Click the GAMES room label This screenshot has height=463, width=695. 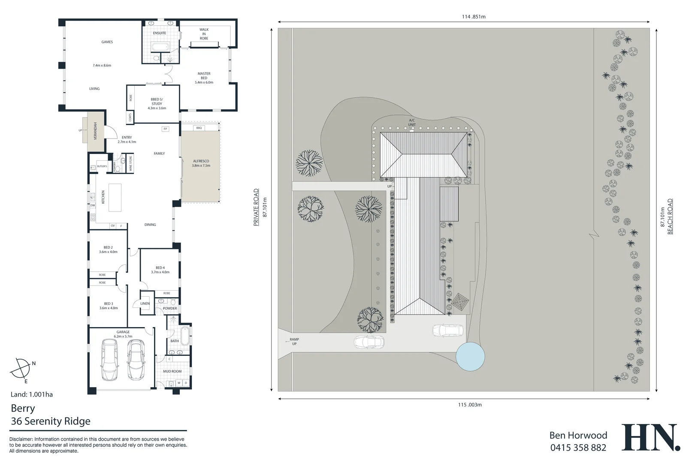(107, 42)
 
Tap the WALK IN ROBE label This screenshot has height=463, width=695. (204, 34)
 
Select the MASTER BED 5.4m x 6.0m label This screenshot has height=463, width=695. (204, 78)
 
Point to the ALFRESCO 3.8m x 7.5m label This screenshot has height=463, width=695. (201, 163)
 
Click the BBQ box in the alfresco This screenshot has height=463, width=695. (199, 128)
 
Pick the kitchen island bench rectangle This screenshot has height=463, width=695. (115, 197)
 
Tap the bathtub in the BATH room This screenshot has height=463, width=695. (185, 336)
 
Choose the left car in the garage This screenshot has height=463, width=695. (109, 360)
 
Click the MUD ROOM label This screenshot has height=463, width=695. (172, 371)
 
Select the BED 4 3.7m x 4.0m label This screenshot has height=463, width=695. (160, 270)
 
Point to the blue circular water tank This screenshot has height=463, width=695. (470, 356)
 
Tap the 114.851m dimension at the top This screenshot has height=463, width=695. (474, 17)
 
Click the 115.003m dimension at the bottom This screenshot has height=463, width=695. (470, 405)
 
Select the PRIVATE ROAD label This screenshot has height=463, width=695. (256, 207)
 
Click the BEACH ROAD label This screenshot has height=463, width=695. (670, 216)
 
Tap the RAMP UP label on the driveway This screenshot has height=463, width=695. (294, 341)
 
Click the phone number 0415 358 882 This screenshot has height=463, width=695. (578, 448)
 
